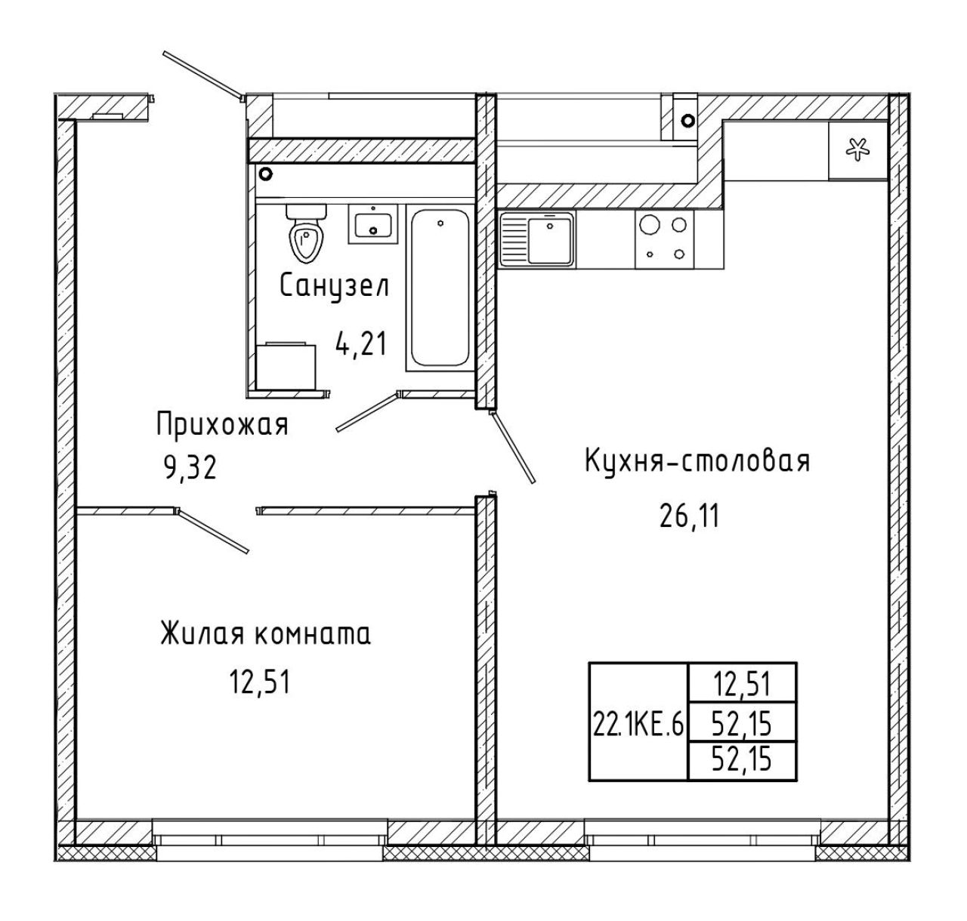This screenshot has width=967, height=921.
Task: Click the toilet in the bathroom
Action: point(306,232)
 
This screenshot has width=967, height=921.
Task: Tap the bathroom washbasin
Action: point(373,223)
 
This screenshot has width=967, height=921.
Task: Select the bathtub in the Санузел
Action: point(439,288)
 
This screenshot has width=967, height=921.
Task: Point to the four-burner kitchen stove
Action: point(665,239)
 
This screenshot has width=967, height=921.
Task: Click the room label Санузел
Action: point(335,287)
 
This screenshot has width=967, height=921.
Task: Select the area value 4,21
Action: point(361,343)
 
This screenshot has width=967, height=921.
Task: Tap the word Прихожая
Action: point(222,424)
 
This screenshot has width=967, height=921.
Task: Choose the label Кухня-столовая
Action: point(697,461)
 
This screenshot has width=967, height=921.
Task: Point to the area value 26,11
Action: point(688,516)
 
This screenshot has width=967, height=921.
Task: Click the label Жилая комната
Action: point(266,634)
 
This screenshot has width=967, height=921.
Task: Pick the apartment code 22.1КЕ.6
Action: point(638,724)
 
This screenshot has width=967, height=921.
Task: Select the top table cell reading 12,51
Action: point(742,685)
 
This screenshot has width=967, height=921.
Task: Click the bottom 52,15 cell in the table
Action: point(742,759)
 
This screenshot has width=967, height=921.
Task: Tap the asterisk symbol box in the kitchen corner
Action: point(857,149)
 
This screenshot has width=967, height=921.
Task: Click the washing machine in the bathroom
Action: point(286,366)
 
